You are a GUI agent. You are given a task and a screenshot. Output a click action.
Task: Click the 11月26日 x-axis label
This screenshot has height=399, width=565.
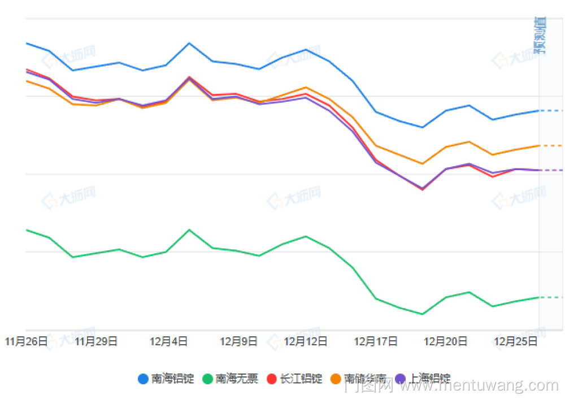coord(26,341)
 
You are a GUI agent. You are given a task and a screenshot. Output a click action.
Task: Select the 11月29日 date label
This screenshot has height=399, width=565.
coord(96,341)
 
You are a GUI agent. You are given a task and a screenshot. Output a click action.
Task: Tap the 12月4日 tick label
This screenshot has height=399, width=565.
coord(168,341)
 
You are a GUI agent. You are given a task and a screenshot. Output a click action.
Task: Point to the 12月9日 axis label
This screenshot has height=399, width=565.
coord(238,341)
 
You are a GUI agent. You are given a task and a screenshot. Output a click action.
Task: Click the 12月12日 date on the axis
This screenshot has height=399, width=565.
coord(306,341)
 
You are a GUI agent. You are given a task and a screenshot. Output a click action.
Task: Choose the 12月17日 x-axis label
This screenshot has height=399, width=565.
coord(376,341)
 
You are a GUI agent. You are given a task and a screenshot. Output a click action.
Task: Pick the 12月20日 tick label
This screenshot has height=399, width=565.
coord(446,341)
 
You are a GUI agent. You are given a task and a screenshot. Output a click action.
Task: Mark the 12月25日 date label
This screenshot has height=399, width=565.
coord(516,341)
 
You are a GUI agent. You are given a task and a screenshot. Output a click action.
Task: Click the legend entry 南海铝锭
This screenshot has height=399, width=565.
coord(172,379)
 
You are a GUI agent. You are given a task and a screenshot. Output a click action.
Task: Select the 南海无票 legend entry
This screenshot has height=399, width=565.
coord(237,379)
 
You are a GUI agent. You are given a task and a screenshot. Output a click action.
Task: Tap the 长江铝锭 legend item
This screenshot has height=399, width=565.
coord(301,379)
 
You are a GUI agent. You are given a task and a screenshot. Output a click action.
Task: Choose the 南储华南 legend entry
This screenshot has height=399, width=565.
coord(365,379)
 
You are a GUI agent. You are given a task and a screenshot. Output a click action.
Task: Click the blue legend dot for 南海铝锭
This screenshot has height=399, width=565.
coord(144,379)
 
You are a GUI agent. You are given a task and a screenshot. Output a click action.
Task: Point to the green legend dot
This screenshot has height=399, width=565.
coord(208,379)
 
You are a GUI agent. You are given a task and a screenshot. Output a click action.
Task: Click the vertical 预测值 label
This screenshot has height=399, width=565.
coord(541,35)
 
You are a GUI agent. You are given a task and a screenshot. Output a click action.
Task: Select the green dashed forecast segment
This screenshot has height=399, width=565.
coord(551,297)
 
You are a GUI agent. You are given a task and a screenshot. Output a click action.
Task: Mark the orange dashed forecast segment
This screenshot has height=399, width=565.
coord(551,146)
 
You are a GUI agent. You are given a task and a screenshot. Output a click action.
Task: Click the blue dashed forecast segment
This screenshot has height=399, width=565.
coord(551,111)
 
